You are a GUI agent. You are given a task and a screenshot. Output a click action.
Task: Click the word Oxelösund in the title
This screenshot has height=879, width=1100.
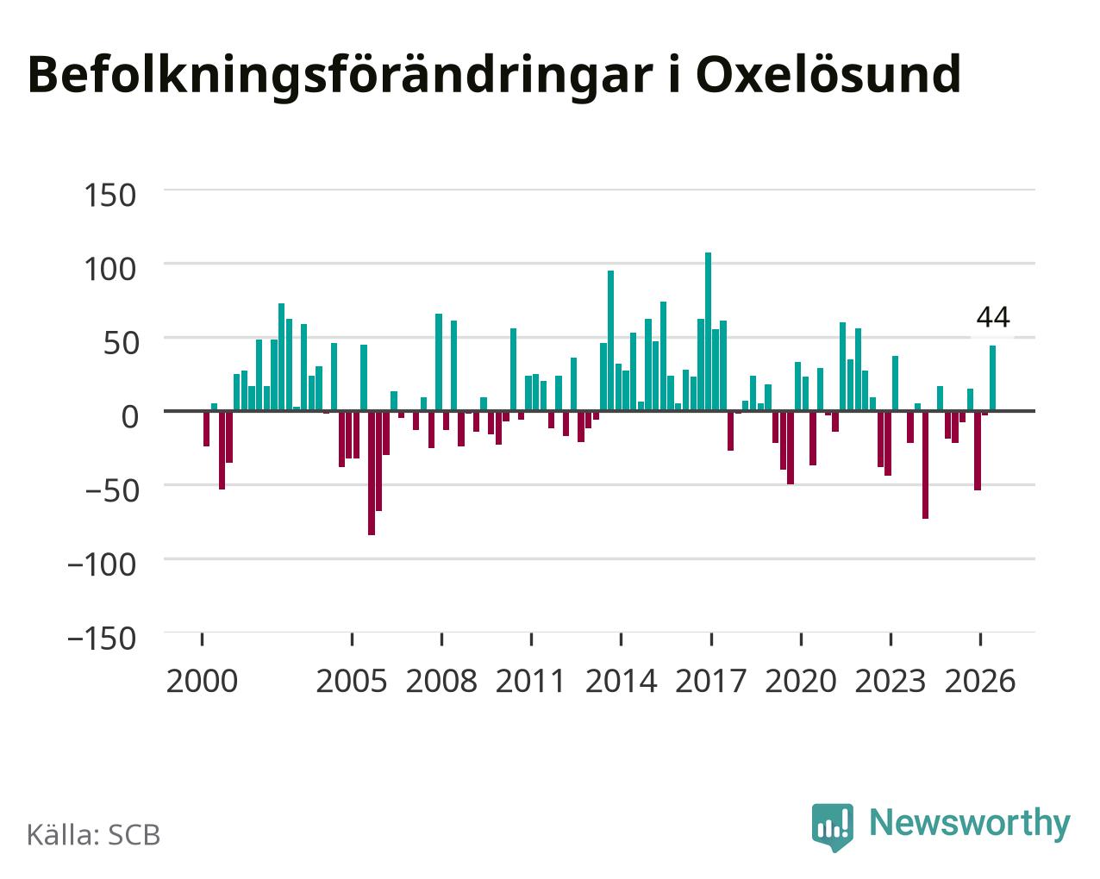tap(828, 75)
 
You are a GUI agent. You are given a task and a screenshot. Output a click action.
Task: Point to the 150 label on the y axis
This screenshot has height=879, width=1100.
tap(109, 196)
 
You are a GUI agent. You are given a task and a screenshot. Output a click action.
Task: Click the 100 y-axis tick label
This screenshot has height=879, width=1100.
tap(109, 270)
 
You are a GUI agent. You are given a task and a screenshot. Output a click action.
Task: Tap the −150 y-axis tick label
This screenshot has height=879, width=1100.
tap(103, 639)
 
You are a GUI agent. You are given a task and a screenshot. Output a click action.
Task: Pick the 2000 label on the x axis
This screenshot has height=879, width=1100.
tap(202, 681)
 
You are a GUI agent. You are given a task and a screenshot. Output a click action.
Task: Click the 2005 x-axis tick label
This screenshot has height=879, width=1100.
tap(352, 681)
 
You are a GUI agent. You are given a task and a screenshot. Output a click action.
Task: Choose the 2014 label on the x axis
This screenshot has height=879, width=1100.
tap(621, 681)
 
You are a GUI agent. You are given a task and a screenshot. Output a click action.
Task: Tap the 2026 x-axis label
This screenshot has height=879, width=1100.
tap(980, 681)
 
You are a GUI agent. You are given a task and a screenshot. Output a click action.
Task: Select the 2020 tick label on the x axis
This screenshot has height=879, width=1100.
tap(801, 681)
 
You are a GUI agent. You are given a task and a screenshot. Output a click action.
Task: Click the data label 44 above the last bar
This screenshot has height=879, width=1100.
tap(992, 317)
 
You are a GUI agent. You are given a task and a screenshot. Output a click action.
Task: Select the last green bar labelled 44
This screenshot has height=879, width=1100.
tap(992, 378)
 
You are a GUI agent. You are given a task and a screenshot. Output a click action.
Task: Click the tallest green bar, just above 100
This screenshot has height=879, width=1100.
tap(708, 332)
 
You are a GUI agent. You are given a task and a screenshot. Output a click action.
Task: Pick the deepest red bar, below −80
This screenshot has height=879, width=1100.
tap(371, 473)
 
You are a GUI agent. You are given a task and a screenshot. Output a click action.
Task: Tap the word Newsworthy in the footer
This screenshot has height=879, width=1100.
tap(970, 823)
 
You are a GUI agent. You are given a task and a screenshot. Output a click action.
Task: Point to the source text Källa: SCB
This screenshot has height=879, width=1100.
tap(94, 835)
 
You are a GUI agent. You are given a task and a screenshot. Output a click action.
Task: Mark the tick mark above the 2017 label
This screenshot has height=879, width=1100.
tap(711, 639)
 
